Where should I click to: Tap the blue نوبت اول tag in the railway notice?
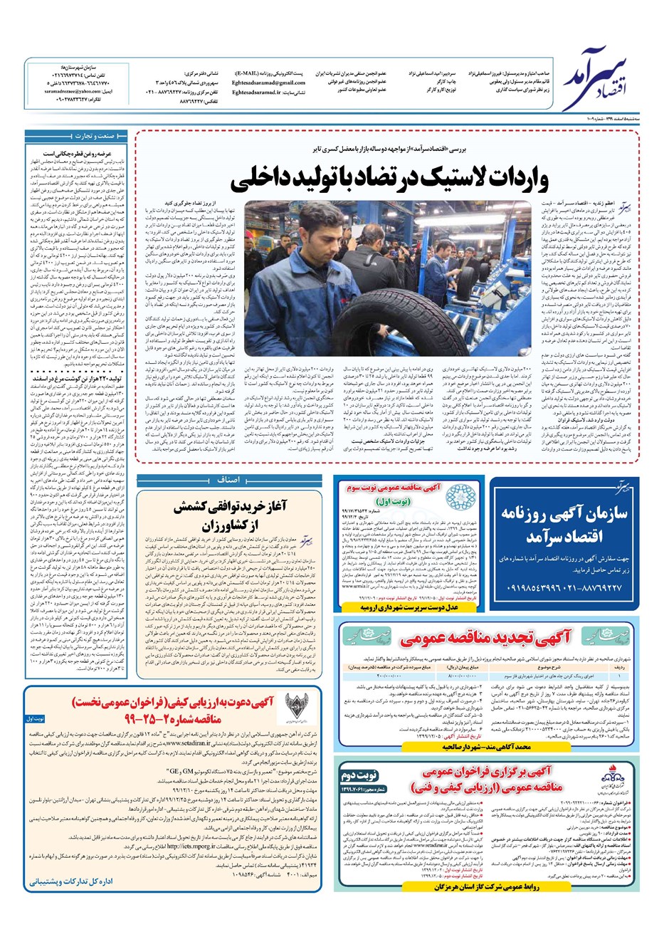click(35, 718)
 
